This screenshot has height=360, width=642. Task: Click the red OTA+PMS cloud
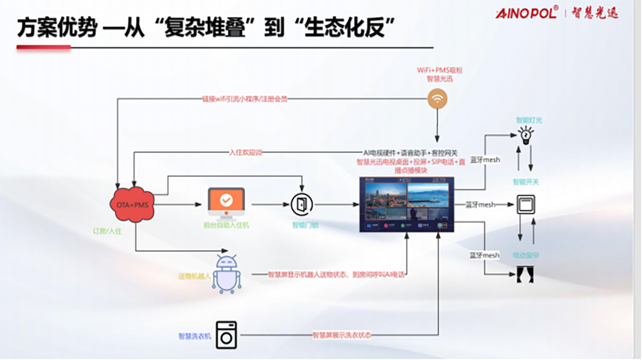pos(132,205)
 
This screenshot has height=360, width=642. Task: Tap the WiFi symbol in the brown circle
pos(438,99)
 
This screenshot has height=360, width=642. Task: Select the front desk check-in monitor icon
pos(226,203)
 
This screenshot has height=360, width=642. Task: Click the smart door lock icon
pos(302,205)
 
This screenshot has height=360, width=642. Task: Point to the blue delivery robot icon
pos(226,274)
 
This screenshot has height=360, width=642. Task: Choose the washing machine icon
pos(226,335)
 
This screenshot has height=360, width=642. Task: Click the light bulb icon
pos(525,135)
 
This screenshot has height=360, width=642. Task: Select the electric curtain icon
pos(525,274)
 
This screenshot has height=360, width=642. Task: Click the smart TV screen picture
pos(407,205)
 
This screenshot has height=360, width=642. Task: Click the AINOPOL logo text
pos(527,12)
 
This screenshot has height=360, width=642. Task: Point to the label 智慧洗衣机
pos(194,336)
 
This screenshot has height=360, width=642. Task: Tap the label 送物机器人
pos(194,276)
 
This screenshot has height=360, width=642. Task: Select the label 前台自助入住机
pos(226,226)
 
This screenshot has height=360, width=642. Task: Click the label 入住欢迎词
pos(246,153)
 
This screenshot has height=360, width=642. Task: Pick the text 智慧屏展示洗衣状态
pos(342,335)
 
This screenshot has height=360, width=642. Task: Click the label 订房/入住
pos(107,230)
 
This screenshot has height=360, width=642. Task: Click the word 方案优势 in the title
pos(56,28)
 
